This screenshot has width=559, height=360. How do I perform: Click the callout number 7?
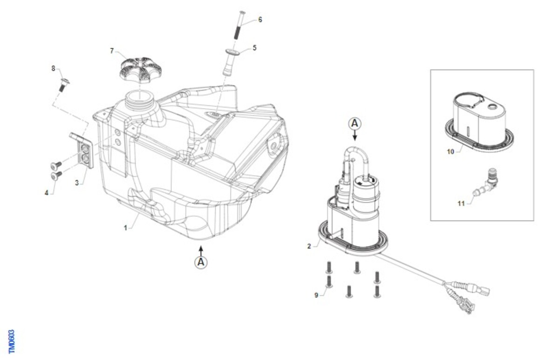tap(112, 51)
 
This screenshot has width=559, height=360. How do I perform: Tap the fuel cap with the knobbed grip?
tap(141, 70)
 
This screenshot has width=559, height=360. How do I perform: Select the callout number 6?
tap(260, 20)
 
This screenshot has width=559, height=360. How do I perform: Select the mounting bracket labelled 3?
tap(82, 149)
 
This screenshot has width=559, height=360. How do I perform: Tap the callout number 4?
tap(47, 193)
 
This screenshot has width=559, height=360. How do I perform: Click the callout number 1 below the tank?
tap(125, 228)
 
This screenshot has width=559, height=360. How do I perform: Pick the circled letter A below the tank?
tap(201, 262)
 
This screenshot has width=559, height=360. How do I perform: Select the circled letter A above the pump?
tap(354, 124)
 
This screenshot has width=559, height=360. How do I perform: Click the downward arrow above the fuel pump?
tap(354, 136)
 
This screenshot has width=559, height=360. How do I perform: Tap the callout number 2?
tap(309, 246)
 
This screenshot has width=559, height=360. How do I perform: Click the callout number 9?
tap(316, 295)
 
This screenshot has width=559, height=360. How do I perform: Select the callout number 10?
tap(450, 151)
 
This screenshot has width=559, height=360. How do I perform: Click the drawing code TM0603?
tap(12, 341)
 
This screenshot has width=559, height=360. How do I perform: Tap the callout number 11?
tap(461, 204)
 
